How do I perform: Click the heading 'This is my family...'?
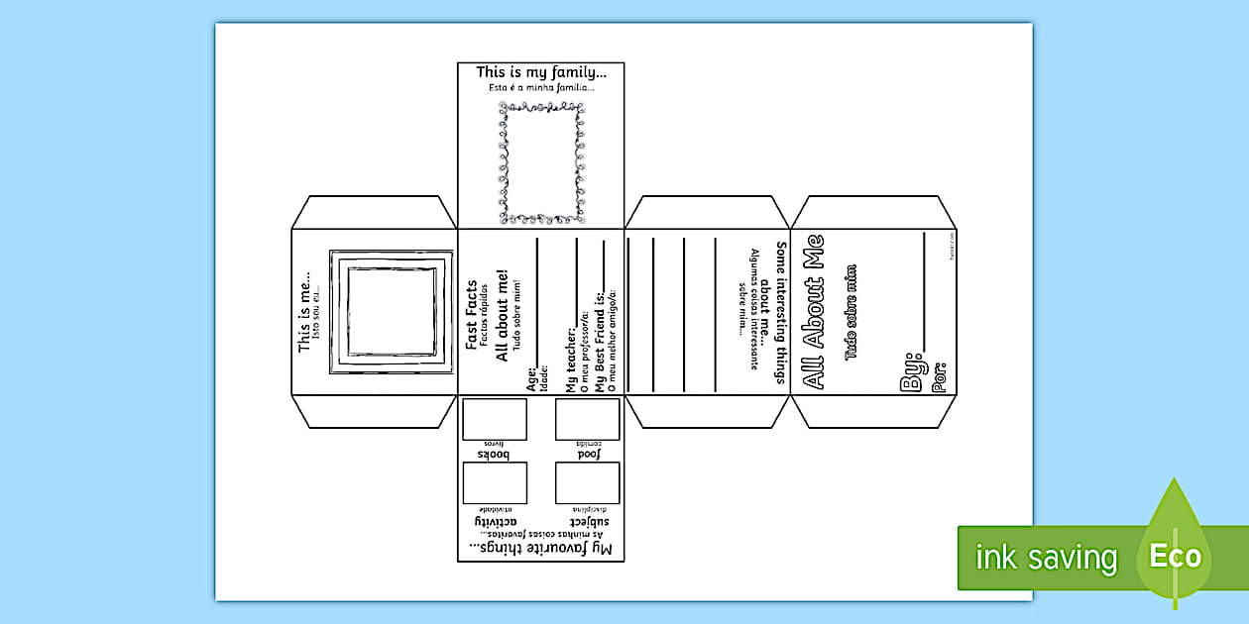[x=540, y=72]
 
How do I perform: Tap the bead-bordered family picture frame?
[x=540, y=163]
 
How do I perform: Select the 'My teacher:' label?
[x=570, y=359]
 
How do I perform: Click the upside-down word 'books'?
[x=494, y=454]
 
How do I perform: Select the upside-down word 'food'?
[x=588, y=454]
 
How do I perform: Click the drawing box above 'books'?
[x=495, y=418]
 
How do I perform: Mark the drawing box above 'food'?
[x=587, y=418]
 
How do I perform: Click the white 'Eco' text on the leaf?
[x=1176, y=556]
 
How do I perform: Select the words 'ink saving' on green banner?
[x=1046, y=558]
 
